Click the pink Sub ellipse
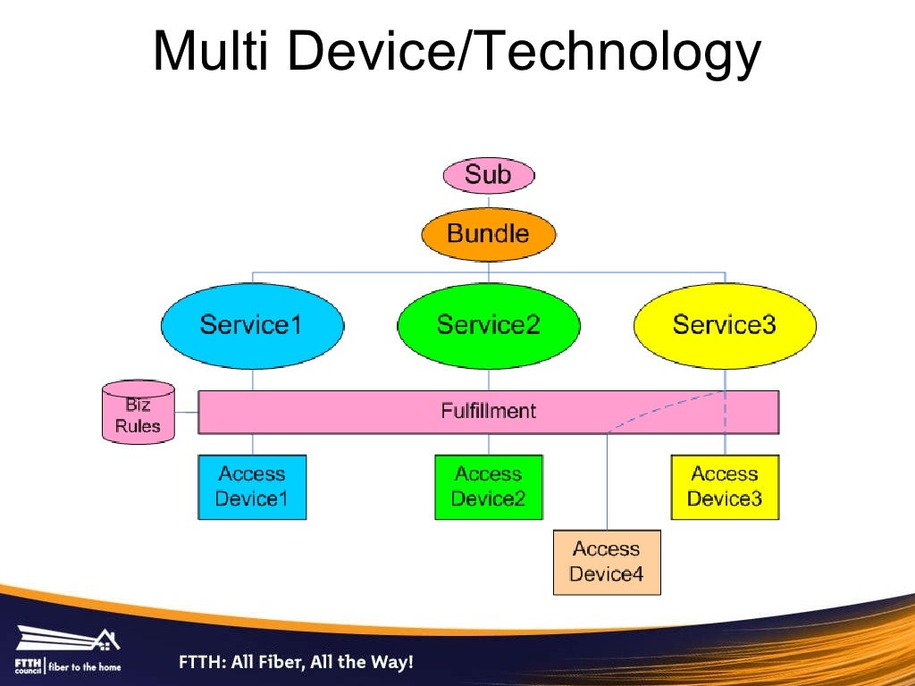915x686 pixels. coord(489,175)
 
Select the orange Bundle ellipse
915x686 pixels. coord(489,234)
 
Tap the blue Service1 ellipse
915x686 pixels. coord(252,324)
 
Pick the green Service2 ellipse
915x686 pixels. coord(489,324)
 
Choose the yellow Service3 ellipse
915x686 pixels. coord(725,324)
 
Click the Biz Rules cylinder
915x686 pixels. coord(138,414)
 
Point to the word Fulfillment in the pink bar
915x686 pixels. coord(489,411)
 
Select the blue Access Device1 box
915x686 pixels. coord(252,487)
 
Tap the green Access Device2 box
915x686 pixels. coord(488,487)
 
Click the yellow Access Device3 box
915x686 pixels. coord(725,487)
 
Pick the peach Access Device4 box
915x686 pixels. coord(607,562)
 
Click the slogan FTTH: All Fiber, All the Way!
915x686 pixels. coord(296,663)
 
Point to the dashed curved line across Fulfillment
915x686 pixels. coord(661,408)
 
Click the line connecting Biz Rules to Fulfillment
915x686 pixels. coord(186,412)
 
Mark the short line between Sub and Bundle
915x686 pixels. coord(489,202)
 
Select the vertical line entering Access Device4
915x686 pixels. coord(608,482)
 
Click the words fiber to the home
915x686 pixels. coord(86,666)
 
